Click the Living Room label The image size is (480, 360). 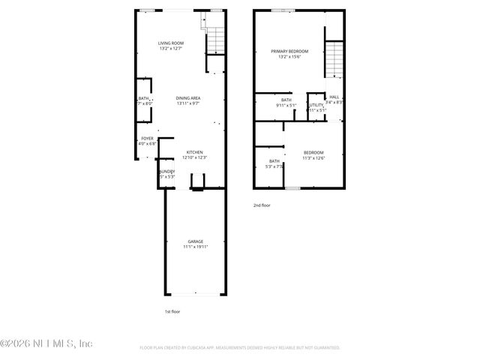point(171,43)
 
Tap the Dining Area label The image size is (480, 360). point(187,98)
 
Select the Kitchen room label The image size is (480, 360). point(194,152)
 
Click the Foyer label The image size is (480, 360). point(148,139)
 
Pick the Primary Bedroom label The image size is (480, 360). point(289,51)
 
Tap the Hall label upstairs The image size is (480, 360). point(334,97)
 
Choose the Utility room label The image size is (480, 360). point(316,105)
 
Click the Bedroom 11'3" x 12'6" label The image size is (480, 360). point(314,152)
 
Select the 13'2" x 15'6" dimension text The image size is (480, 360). point(289,57)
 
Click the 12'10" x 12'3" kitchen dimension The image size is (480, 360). point(194,157)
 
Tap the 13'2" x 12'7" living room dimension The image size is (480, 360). point(171,49)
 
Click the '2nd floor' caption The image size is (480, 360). point(262,204)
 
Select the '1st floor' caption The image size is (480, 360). point(172,311)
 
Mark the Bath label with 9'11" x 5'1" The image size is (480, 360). point(286,100)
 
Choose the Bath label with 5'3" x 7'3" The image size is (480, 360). point(274,161)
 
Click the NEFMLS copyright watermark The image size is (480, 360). point(46,343)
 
